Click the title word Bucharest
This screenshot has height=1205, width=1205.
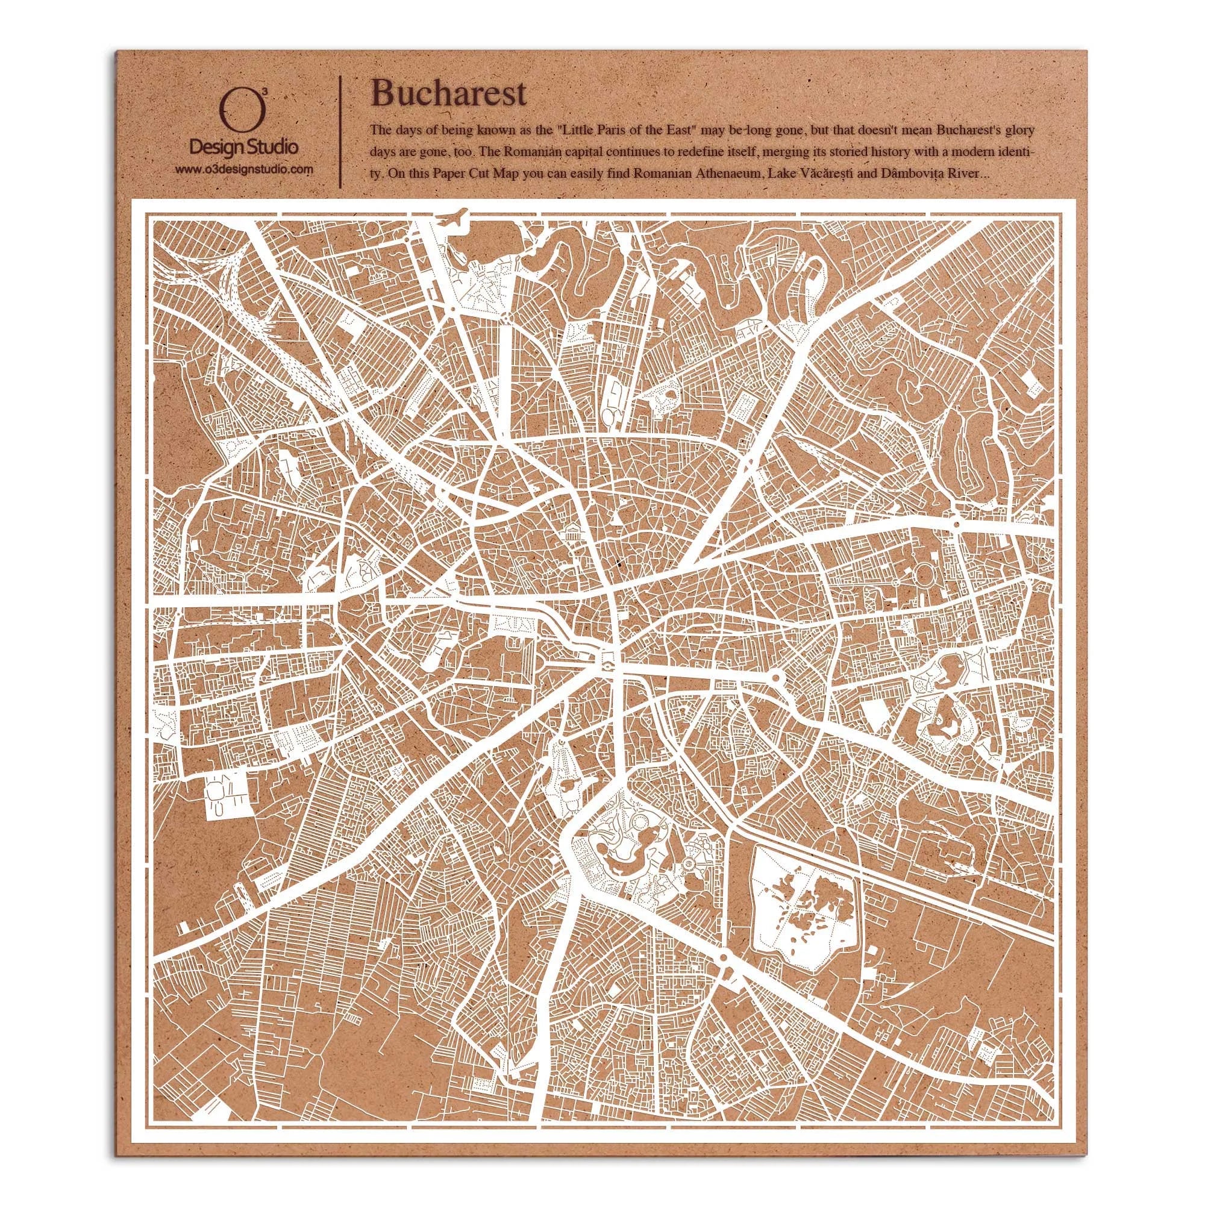click(448, 94)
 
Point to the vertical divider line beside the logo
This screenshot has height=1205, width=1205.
click(339, 132)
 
